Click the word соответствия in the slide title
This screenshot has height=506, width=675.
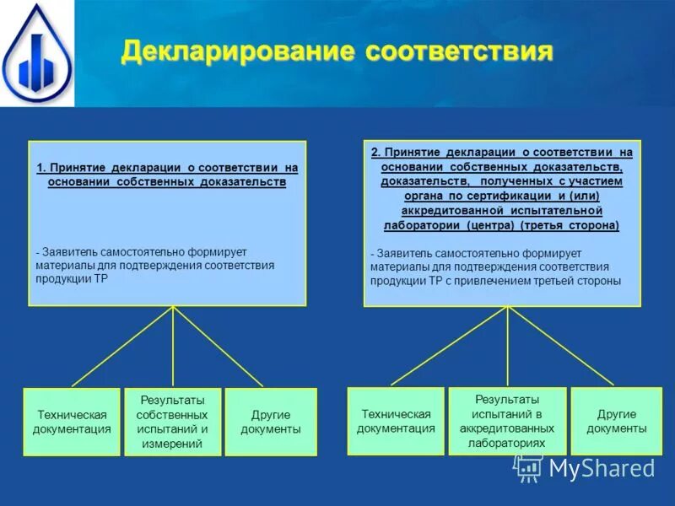460,51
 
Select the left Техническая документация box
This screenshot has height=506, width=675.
72,422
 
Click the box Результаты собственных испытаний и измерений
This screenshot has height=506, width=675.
173,422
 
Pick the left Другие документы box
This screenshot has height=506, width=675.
271,422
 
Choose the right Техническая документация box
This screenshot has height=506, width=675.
396,421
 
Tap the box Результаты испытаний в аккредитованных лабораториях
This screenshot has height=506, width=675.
507,421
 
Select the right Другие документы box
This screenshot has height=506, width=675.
617,421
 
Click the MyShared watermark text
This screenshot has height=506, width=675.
601,469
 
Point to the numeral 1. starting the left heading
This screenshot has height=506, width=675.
41,168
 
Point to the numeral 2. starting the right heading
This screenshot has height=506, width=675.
375,153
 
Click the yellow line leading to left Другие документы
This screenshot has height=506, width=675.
218,346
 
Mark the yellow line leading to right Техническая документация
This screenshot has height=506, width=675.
450,345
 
